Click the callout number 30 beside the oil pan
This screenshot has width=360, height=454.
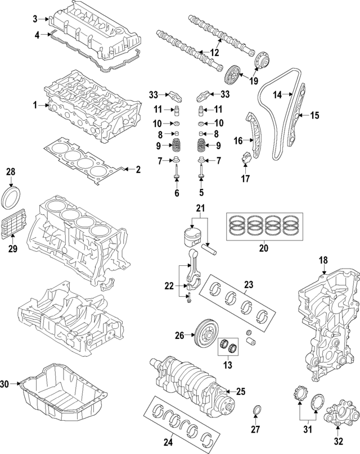point(5,384)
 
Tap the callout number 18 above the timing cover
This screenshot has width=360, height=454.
point(323,260)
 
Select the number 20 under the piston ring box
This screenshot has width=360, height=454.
point(263,247)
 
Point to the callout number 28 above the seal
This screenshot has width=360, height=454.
point(10,171)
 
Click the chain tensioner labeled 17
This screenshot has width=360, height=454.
point(245,157)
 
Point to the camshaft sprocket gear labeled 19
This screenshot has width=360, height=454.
point(232,74)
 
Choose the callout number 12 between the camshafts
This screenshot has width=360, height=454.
point(214,52)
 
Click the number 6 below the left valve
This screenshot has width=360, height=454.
point(177,193)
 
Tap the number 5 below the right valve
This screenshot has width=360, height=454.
point(201,193)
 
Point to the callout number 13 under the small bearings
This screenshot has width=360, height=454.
point(228,366)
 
